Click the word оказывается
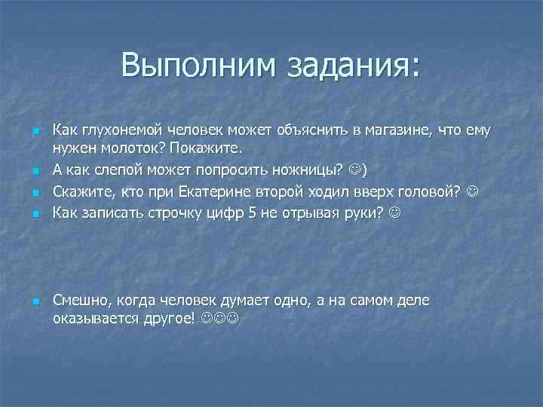(x=95, y=318)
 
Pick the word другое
(x=171, y=318)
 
